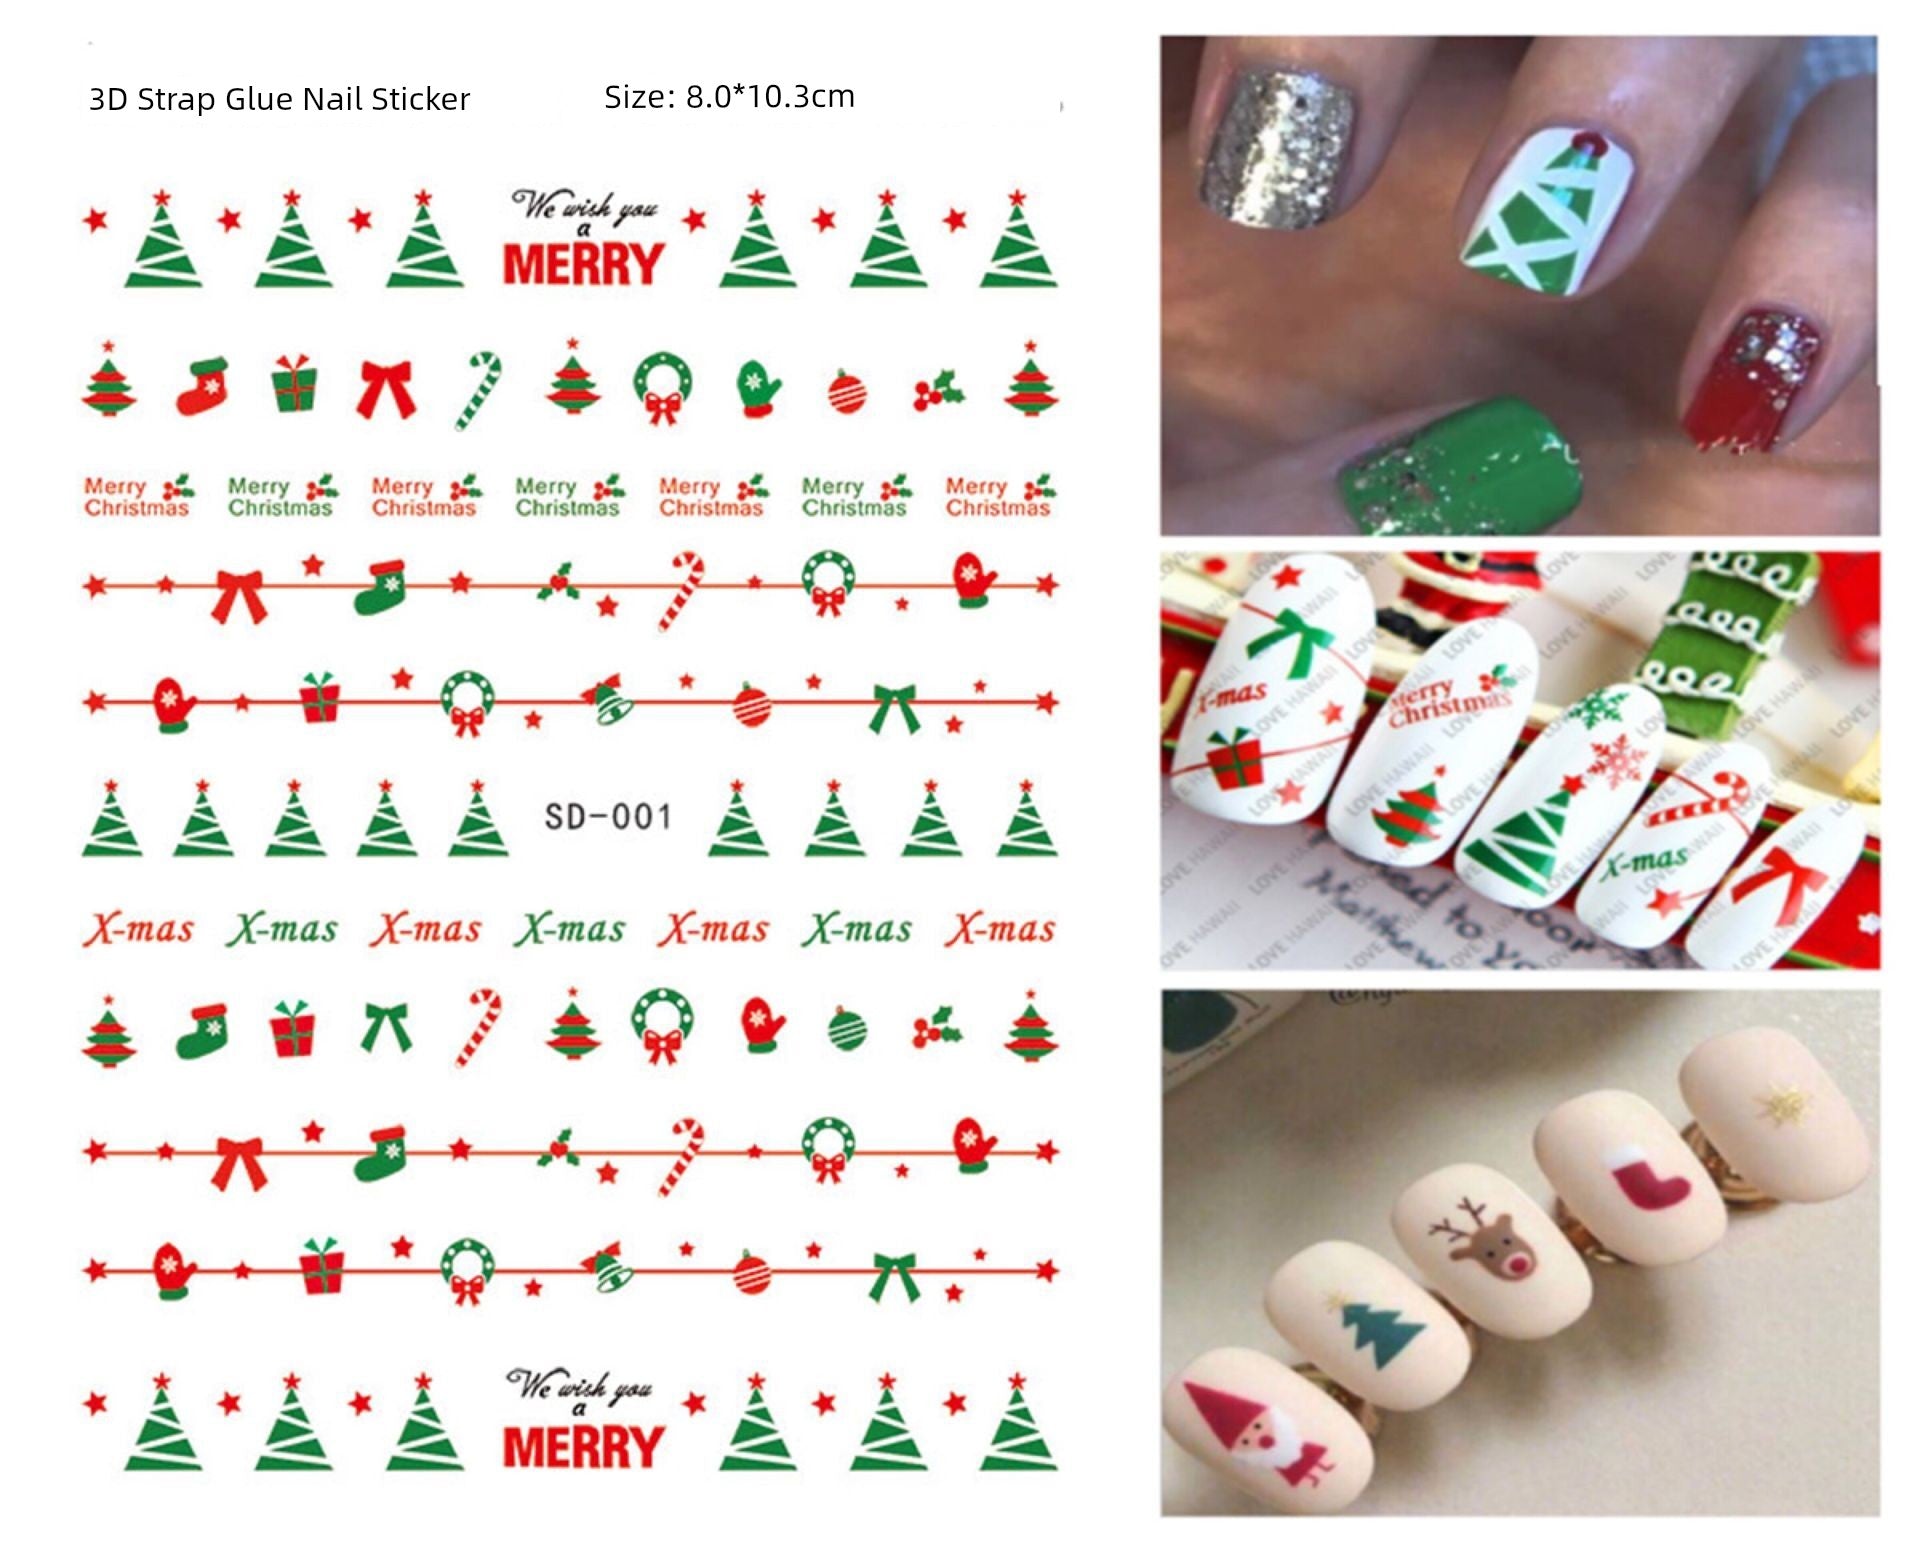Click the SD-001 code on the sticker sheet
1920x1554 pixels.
(607, 816)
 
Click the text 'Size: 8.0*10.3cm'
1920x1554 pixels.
(729, 97)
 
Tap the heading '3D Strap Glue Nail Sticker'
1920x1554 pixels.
(279, 99)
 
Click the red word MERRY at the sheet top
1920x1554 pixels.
(583, 264)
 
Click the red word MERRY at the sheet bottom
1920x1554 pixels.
(583, 1446)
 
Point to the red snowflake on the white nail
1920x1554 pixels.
(1616, 762)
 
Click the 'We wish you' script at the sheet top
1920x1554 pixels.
(585, 207)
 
